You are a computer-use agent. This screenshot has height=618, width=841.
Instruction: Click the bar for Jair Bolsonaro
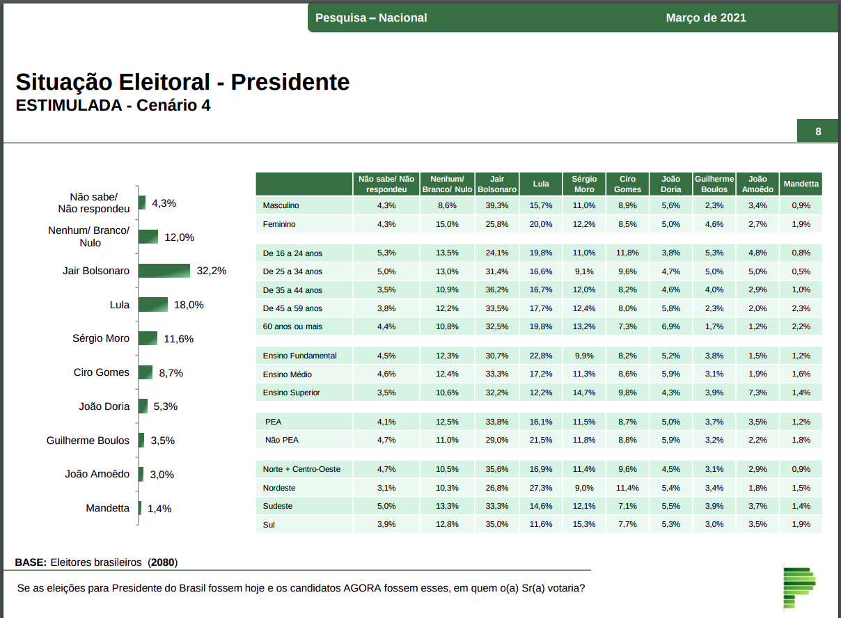(x=164, y=271)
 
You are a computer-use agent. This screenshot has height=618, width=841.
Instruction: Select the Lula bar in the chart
(x=152, y=305)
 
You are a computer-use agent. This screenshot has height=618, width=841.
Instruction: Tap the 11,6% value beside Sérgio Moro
(x=179, y=339)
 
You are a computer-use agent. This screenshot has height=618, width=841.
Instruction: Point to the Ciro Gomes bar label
(x=102, y=372)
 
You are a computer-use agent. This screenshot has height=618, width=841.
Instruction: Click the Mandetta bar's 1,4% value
(x=159, y=509)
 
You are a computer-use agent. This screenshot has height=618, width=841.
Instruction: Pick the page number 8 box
(x=818, y=132)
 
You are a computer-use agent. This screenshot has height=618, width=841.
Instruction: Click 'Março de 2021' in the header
(x=706, y=17)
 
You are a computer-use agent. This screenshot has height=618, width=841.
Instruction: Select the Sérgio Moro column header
(x=584, y=184)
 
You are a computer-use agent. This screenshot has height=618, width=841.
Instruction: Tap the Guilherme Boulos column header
(x=714, y=184)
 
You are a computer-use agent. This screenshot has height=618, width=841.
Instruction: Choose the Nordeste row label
(x=279, y=488)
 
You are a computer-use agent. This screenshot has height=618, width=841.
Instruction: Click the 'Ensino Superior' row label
(x=291, y=393)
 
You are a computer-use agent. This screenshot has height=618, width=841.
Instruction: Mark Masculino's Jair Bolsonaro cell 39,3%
(x=497, y=205)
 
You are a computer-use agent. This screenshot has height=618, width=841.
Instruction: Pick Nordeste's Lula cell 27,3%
(x=541, y=488)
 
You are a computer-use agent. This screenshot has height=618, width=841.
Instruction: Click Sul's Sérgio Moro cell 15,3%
(x=584, y=524)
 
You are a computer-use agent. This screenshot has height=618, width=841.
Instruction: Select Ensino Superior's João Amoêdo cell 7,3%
(x=757, y=393)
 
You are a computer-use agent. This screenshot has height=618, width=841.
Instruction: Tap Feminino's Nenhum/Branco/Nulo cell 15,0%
(x=448, y=224)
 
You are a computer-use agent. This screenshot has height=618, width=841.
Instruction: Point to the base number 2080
(x=162, y=562)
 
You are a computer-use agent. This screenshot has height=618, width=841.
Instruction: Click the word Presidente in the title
(x=290, y=82)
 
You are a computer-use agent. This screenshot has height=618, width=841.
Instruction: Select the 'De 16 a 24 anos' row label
(x=292, y=253)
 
